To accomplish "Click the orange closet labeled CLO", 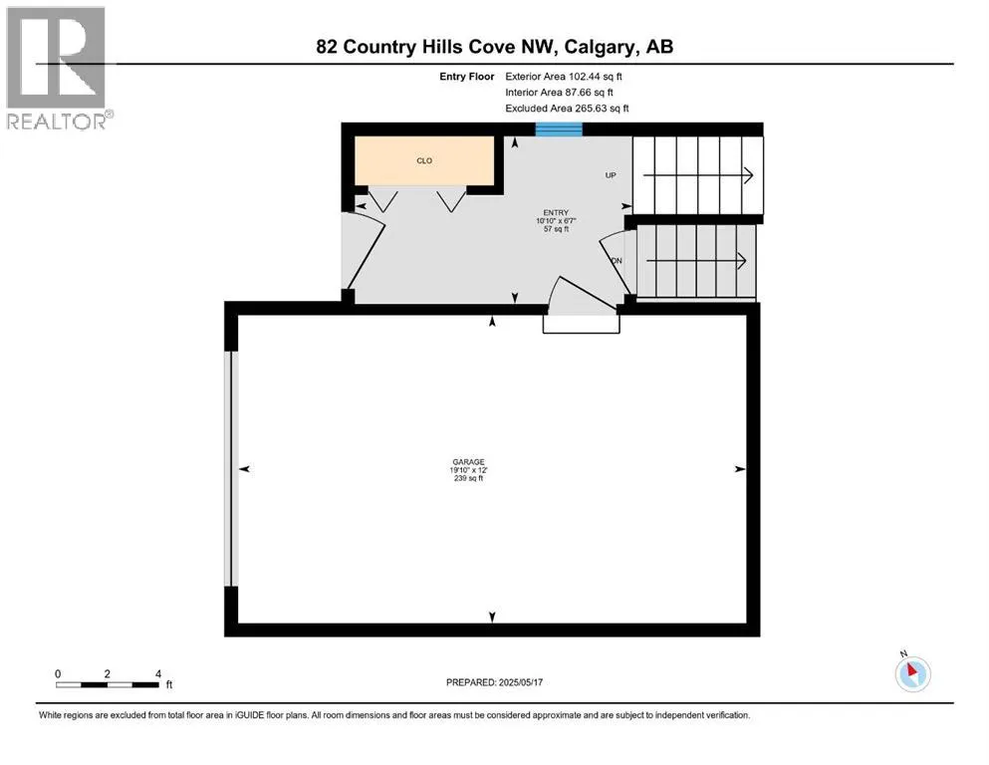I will (x=425, y=160).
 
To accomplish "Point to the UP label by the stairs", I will (x=612, y=175).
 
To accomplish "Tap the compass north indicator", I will (x=912, y=672).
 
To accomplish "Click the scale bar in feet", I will (x=108, y=683).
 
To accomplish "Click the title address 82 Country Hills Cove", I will (x=496, y=47).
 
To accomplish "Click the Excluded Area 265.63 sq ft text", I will (x=567, y=108).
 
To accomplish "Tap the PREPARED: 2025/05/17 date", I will (x=498, y=682).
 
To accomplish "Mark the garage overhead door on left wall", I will (x=231, y=468).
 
